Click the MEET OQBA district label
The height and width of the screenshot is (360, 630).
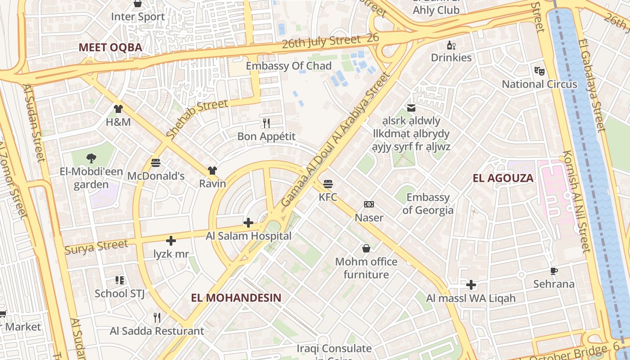[110, 47]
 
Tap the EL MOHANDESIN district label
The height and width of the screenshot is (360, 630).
[236, 297]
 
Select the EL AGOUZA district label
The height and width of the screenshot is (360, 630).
[503, 178]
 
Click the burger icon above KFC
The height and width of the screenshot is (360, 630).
[328, 184]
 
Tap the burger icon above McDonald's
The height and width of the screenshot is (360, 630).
[156, 163]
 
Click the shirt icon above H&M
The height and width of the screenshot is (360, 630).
[118, 108]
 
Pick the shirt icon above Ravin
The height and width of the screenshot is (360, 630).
[212, 171]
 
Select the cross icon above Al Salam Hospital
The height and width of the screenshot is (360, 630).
[248, 222]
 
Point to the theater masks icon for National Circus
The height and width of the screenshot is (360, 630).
[539, 71]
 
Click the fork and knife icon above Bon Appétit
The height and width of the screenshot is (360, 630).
[266, 123]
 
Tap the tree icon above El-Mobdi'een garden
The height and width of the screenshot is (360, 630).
[91, 158]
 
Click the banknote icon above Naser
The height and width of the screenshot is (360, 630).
[369, 205]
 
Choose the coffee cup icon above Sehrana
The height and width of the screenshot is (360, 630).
[554, 271]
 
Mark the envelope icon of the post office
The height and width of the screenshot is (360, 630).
[411, 108]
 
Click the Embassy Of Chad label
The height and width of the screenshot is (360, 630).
[288, 66]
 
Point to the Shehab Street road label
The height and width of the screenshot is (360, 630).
[197, 119]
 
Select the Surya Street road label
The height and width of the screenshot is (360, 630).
[96, 247]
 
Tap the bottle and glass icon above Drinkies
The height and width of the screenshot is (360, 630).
[451, 45]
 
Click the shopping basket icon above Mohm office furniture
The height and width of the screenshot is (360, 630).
[366, 248]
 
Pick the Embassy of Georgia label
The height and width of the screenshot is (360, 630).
[428, 204]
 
